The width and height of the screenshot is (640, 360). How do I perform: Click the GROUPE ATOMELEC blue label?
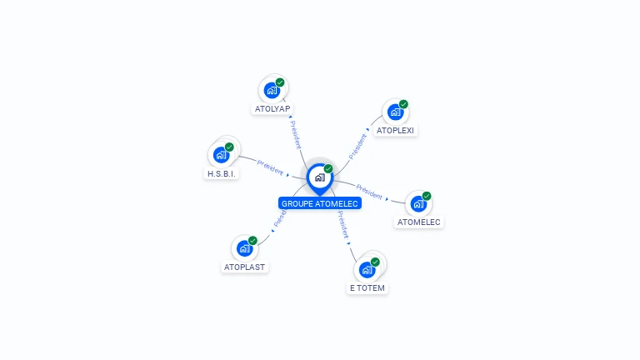tap(320, 203)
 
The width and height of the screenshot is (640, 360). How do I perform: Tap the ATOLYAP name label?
tap(272, 109)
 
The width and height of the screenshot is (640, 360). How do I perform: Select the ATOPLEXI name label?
tap(395, 131)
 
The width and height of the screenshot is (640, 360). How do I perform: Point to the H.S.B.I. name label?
tap(222, 174)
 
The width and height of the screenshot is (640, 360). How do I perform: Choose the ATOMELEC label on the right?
tap(418, 222)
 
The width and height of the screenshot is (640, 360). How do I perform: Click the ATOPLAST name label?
tap(245, 267)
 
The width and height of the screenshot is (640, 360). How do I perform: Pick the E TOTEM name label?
tap(367, 288)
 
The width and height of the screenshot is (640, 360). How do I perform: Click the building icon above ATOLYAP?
tap(271, 90)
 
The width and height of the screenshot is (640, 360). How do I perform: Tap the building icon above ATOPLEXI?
tap(394, 112)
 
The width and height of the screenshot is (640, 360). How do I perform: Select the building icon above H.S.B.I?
tap(221, 154)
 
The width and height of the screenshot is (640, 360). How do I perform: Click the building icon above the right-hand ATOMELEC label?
tap(417, 203)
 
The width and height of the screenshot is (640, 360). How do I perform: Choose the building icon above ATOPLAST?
tap(244, 248)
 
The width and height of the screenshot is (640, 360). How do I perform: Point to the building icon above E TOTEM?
tap(366, 269)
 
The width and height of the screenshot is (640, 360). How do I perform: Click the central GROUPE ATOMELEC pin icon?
tap(319, 177)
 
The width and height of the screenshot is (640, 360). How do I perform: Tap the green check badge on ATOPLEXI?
tap(403, 104)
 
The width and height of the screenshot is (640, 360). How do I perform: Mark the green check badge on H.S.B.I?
tap(229, 147)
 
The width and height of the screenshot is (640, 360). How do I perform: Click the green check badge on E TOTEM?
tap(375, 262)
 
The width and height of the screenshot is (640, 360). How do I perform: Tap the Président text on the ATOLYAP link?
tap(296, 133)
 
